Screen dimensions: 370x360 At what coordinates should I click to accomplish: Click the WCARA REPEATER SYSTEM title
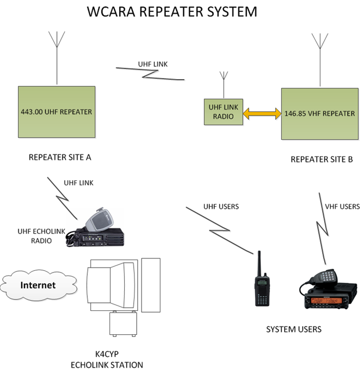[x=172, y=11]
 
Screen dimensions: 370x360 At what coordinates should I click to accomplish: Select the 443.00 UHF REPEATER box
[x=56, y=112]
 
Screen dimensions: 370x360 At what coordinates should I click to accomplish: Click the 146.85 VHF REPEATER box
[x=320, y=114]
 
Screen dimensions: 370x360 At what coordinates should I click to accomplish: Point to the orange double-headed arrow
[x=261, y=113]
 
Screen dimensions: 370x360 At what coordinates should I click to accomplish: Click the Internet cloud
[x=37, y=285]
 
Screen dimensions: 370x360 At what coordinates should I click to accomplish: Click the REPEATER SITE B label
[x=322, y=159]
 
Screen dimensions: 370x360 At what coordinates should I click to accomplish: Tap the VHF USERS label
[x=342, y=206]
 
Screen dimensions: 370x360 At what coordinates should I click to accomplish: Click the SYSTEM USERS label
[x=293, y=329]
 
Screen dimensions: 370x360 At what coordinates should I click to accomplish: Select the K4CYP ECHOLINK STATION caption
[x=107, y=360]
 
